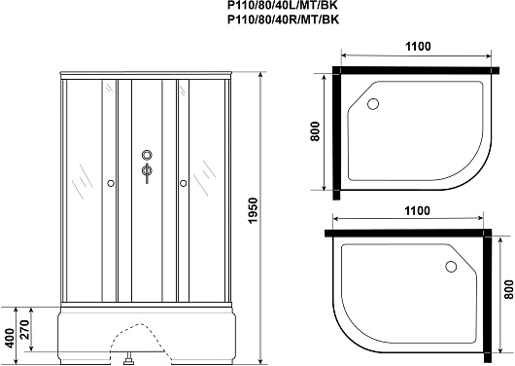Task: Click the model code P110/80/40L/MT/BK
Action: click(x=283, y=5)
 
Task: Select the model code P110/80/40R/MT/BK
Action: click(x=283, y=19)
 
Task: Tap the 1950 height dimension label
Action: click(x=253, y=210)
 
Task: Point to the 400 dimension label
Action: click(x=10, y=338)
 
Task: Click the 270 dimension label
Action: click(x=25, y=329)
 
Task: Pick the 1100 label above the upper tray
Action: click(x=418, y=47)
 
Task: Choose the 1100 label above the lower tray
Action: click(x=417, y=210)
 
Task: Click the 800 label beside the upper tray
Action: click(x=315, y=131)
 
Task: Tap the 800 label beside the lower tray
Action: click(x=508, y=290)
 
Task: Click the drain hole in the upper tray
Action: click(x=373, y=104)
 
